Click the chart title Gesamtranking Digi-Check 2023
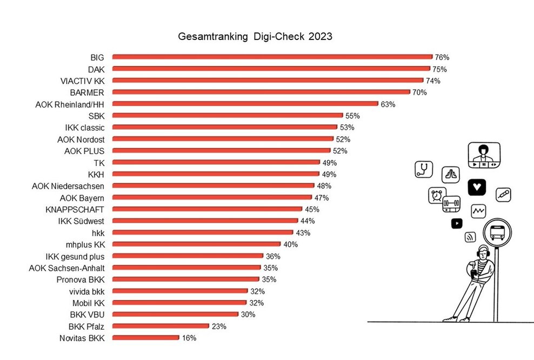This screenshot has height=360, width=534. click(x=255, y=37)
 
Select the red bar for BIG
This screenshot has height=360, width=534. click(x=272, y=57)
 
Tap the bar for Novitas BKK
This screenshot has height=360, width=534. click(x=145, y=338)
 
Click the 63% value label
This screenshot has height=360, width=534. click(x=388, y=104)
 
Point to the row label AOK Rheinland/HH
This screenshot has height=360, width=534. click(x=69, y=104)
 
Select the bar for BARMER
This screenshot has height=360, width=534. click(x=261, y=92)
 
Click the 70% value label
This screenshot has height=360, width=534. click(x=419, y=92)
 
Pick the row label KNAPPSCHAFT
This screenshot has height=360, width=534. click(x=76, y=209)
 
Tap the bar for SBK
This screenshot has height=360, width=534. click(x=228, y=116)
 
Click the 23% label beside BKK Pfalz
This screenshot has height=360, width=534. click(x=218, y=326)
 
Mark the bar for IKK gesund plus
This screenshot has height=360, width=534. click(x=188, y=256)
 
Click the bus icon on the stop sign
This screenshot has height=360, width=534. click(x=497, y=234)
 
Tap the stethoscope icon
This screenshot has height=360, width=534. click(x=424, y=169)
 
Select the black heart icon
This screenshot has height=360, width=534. click(x=477, y=187)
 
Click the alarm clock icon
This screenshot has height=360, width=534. click(x=436, y=195)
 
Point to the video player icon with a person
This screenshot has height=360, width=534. click(x=484, y=155)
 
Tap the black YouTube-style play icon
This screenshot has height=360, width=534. click(x=457, y=222)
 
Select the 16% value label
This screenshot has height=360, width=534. click(x=189, y=338)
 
